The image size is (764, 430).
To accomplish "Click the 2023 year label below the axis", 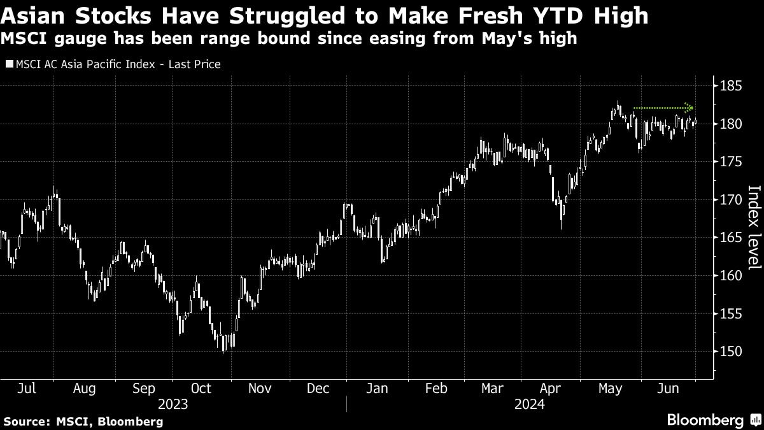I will pyautogui.click(x=173, y=403).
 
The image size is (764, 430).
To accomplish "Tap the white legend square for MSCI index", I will pyautogui.click(x=8, y=64).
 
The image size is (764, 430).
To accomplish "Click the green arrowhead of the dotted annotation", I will pyautogui.click(x=690, y=108).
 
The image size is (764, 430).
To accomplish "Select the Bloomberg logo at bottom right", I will pyautogui.click(x=705, y=420).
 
